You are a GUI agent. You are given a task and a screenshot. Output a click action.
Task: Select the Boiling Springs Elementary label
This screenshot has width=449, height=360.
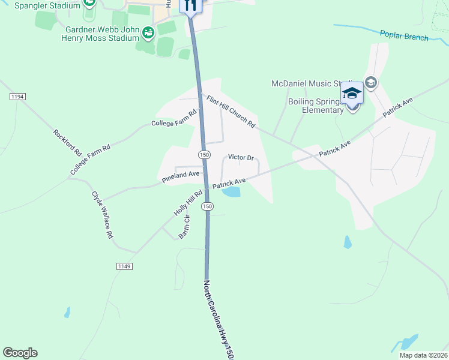[306, 106]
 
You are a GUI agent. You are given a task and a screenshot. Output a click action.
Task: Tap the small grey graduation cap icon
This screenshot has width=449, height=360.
[370, 82]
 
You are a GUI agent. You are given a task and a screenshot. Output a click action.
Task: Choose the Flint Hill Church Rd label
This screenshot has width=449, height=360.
[232, 112]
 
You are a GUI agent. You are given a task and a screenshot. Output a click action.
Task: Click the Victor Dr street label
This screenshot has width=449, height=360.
[241, 157]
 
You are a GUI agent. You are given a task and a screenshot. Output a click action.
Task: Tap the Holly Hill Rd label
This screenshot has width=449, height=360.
[188, 203]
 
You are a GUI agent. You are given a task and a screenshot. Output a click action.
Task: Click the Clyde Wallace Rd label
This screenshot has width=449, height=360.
[102, 215]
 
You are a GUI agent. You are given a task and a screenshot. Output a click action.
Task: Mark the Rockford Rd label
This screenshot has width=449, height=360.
[67, 143]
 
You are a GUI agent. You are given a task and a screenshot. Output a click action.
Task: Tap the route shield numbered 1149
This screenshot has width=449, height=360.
[124, 266]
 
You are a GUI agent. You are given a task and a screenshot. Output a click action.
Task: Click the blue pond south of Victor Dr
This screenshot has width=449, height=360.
[231, 192]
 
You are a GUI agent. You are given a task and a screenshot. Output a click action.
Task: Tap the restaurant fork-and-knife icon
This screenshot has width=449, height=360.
[191, 5]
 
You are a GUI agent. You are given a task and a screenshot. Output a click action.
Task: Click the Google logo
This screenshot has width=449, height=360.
[20, 353]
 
